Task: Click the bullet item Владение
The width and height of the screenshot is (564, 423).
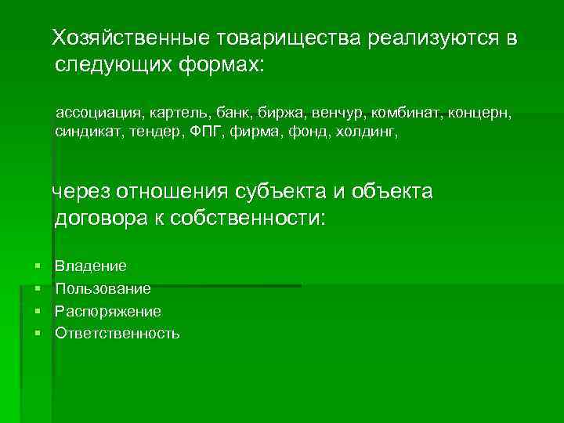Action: click(x=91, y=267)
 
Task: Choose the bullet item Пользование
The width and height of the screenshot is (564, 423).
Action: click(x=103, y=289)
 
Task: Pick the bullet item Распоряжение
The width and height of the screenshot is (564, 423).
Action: click(x=108, y=311)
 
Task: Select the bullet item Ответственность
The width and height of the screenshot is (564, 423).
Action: click(x=117, y=333)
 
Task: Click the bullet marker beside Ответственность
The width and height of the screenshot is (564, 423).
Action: click(x=37, y=333)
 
